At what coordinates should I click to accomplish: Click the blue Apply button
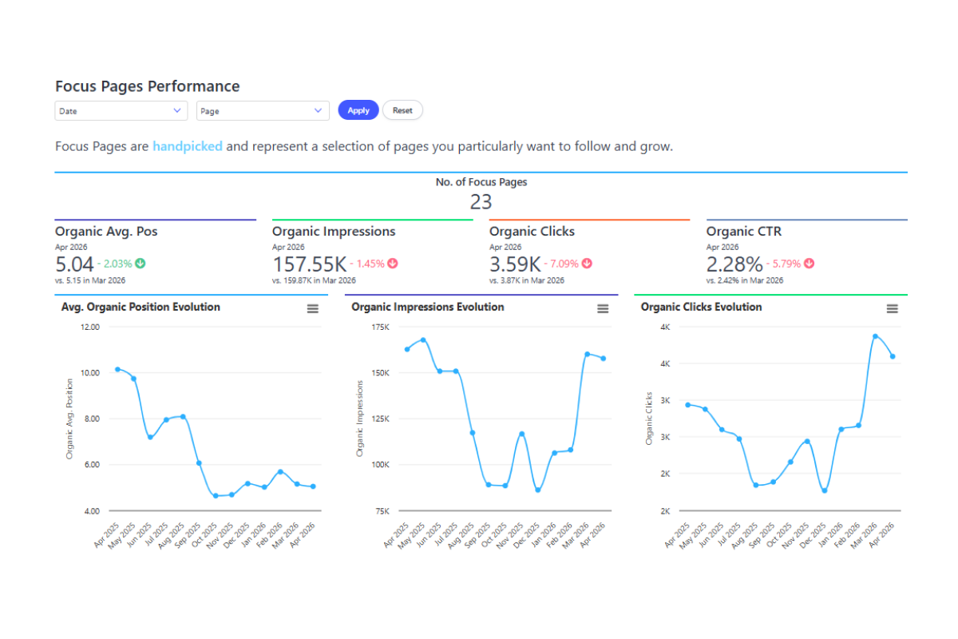coord(358,110)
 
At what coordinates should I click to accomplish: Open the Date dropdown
coord(121,111)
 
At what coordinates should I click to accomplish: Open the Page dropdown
coord(263,111)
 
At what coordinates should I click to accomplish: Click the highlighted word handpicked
coord(188,146)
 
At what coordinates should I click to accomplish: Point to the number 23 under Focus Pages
coord(481,202)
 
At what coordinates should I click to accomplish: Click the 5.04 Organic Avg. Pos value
coord(74,264)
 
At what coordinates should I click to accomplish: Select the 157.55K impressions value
coord(309,264)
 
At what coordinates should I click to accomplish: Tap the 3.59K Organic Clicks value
coord(515,264)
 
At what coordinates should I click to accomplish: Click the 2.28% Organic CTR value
coord(734,264)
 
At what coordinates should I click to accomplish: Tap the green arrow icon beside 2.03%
coord(141,264)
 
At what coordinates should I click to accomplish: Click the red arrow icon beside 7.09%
coord(588,264)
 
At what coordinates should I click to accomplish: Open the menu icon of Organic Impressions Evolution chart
coord(603,308)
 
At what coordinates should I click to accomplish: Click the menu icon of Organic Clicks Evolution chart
coord(893,308)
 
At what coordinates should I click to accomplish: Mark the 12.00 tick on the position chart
coord(89,327)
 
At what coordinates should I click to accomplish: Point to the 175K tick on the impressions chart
coord(380,327)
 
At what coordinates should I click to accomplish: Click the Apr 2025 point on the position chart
coord(117,369)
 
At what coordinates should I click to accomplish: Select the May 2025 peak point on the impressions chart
coord(423,340)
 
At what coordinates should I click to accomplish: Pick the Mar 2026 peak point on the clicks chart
coord(876,336)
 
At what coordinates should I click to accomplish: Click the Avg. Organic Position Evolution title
coord(141,307)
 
